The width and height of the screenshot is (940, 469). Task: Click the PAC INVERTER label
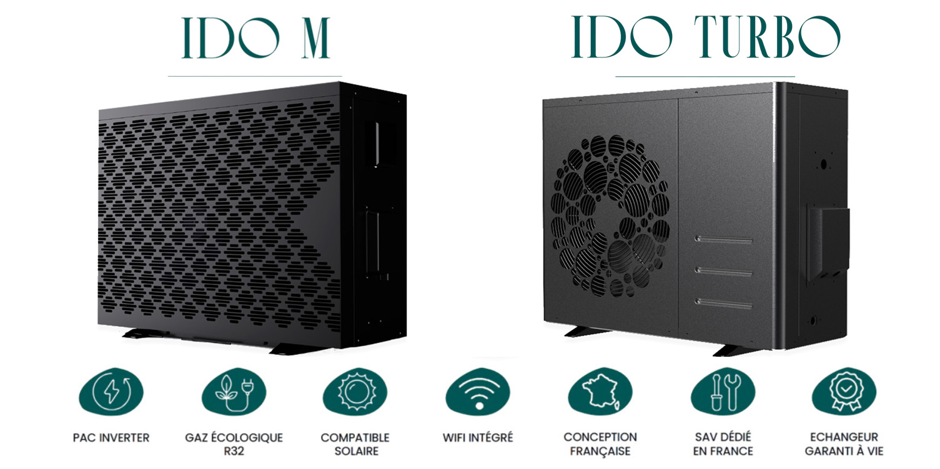[111, 438]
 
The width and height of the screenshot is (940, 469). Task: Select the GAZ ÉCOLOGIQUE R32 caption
[234, 444]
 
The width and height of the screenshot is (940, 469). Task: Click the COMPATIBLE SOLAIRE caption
[355, 444]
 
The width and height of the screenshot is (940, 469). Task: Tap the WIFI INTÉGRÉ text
[478, 438]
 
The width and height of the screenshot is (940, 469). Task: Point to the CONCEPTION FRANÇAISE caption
[600, 444]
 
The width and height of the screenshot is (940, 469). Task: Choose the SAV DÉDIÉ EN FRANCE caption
[723, 444]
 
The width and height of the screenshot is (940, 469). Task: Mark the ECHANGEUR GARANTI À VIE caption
[844, 444]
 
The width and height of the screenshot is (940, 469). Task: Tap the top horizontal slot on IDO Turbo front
[725, 239]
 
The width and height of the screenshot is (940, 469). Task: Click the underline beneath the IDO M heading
[255, 76]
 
